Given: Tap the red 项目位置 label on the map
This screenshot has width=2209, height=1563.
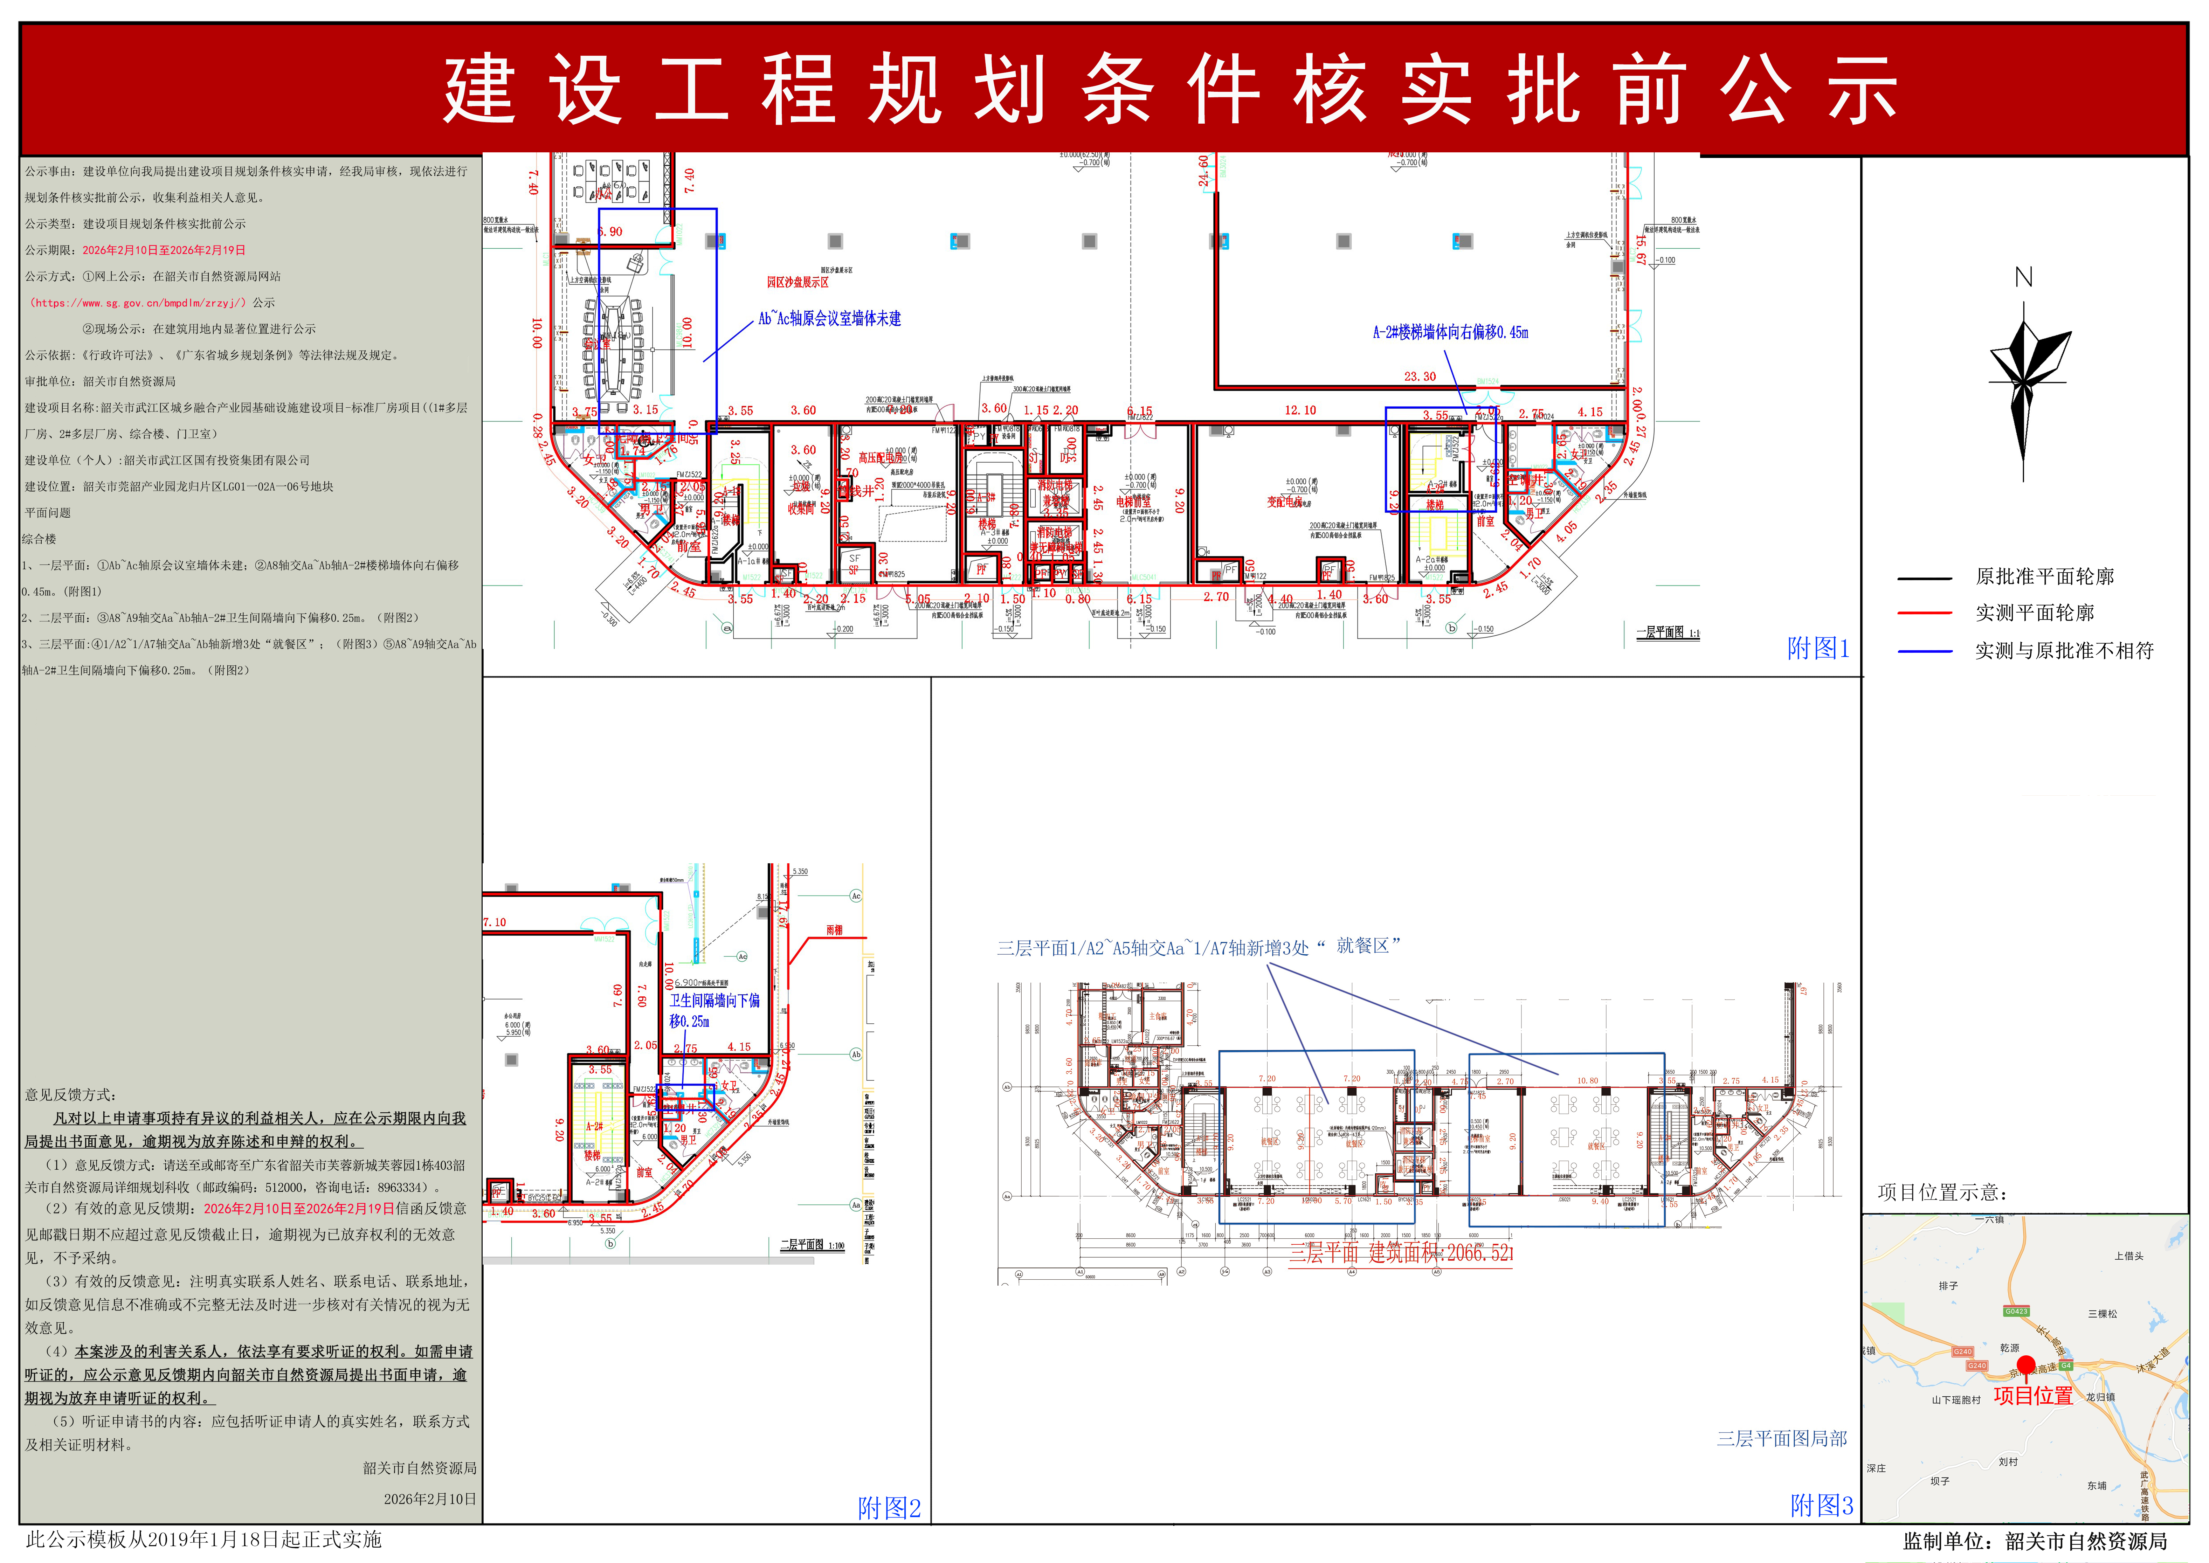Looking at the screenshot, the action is pos(2033,1396).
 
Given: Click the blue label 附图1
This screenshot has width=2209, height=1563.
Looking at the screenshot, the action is pos(1817,649).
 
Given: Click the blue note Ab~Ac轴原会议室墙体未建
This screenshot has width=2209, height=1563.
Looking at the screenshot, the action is pos(830,319).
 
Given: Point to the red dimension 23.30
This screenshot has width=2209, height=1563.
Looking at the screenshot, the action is pos(1420,376).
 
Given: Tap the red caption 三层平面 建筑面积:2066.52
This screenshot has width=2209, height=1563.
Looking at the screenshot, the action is pos(1401,1253).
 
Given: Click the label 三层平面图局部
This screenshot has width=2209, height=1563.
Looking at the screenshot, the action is pos(1782,1438).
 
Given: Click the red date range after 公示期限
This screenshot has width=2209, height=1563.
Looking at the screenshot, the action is pos(164,250).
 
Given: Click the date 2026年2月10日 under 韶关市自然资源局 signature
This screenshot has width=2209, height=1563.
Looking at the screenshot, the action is pos(429,1499).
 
